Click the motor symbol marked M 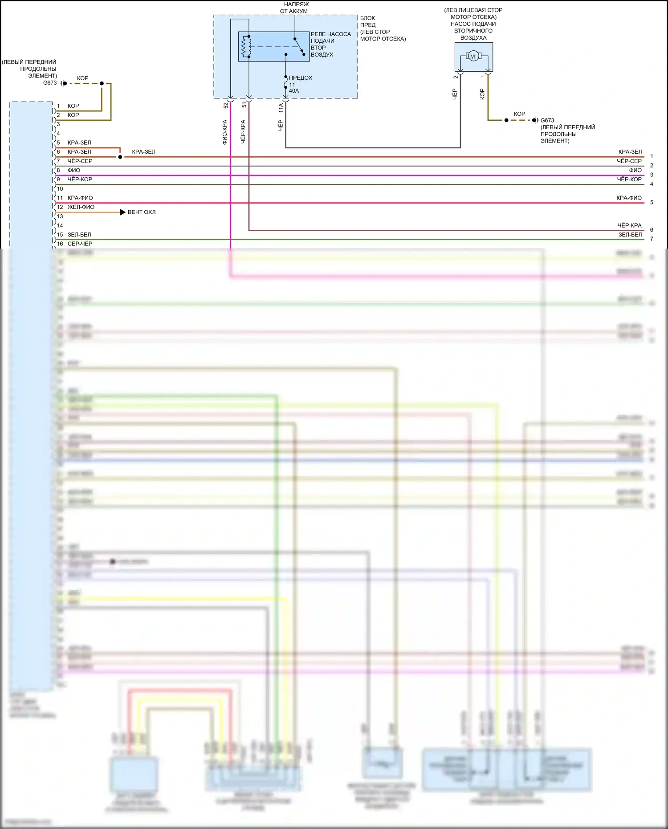tap(472, 56)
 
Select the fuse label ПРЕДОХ tap(301, 78)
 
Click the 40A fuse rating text tap(294, 91)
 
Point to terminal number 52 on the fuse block tap(226, 105)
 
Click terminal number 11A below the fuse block tap(281, 107)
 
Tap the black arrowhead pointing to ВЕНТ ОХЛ tap(123, 212)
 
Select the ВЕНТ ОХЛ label tap(142, 212)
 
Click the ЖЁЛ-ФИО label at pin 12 tap(81, 207)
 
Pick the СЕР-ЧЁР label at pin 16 tap(80, 244)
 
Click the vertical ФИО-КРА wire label tap(225, 132)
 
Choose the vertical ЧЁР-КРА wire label tap(243, 131)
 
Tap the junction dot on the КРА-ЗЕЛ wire tap(120, 157)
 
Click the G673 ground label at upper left tap(50, 83)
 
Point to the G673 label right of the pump tap(547, 120)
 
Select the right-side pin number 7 tap(652, 239)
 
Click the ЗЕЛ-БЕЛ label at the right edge tap(630, 234)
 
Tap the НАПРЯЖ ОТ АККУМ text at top tap(294, 8)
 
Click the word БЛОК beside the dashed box tap(368, 18)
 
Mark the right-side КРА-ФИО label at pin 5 tap(629, 198)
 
